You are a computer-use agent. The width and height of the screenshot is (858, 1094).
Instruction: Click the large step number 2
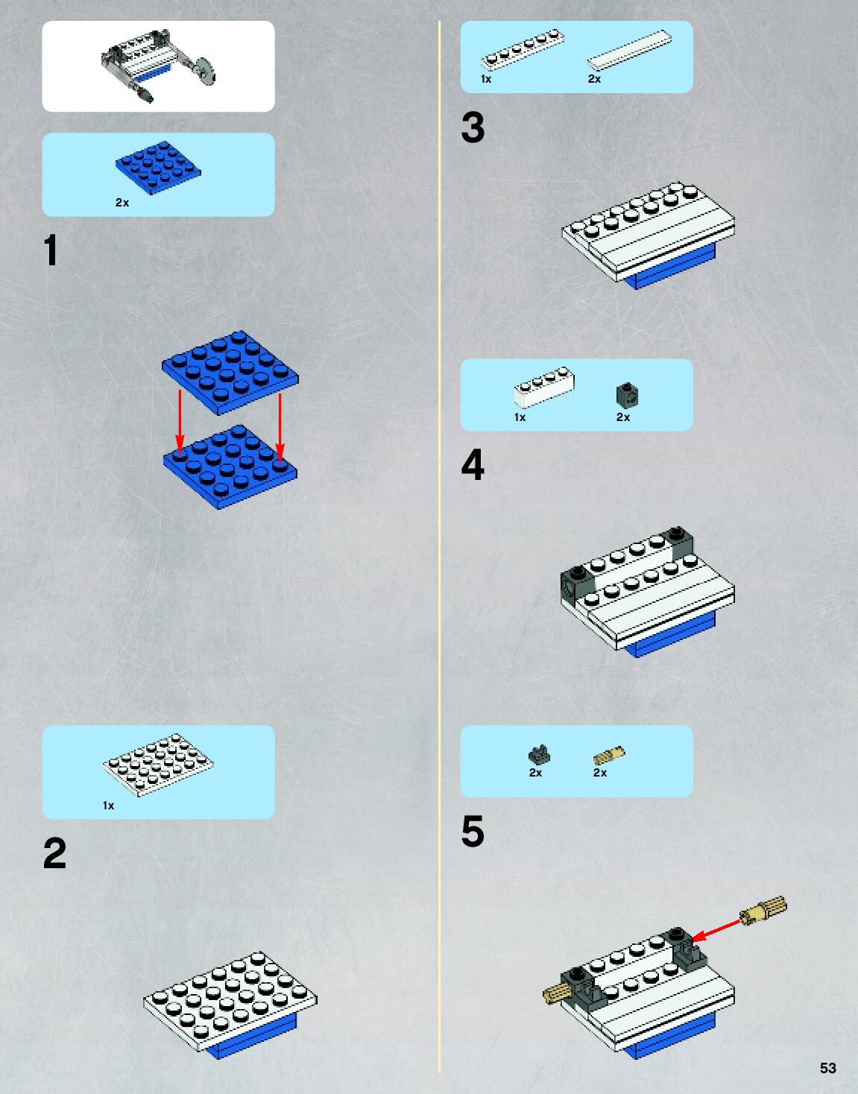pos(55,853)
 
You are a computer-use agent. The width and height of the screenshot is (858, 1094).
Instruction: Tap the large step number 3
pos(473,127)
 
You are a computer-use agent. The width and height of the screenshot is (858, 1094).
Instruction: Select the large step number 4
pos(473,465)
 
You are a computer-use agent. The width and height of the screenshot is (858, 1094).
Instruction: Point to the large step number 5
pos(473,831)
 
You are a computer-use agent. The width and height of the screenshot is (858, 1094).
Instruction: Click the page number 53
pos(827,1068)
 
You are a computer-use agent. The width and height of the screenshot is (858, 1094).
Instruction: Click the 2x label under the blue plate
pos(122,203)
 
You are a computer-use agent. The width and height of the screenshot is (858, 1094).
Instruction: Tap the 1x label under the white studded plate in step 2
pos(108,806)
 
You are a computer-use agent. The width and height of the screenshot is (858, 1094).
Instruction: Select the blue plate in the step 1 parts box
pos(158,168)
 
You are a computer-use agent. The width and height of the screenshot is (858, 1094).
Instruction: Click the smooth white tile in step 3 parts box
pos(629,50)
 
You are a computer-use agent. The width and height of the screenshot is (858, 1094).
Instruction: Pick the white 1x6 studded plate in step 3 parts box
pos(523,49)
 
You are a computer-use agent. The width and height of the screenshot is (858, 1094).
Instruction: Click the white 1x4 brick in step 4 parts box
pos(544,388)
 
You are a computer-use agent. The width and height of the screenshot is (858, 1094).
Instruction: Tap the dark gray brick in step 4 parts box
pos(628,395)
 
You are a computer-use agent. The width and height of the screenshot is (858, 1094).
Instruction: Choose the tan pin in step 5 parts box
pos(609,755)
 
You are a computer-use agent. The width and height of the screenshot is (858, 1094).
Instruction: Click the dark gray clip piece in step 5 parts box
pos(539,754)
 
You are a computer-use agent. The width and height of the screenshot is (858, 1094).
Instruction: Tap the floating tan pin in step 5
pos(763,910)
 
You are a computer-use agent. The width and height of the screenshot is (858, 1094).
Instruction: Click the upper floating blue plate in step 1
pos(230,373)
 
